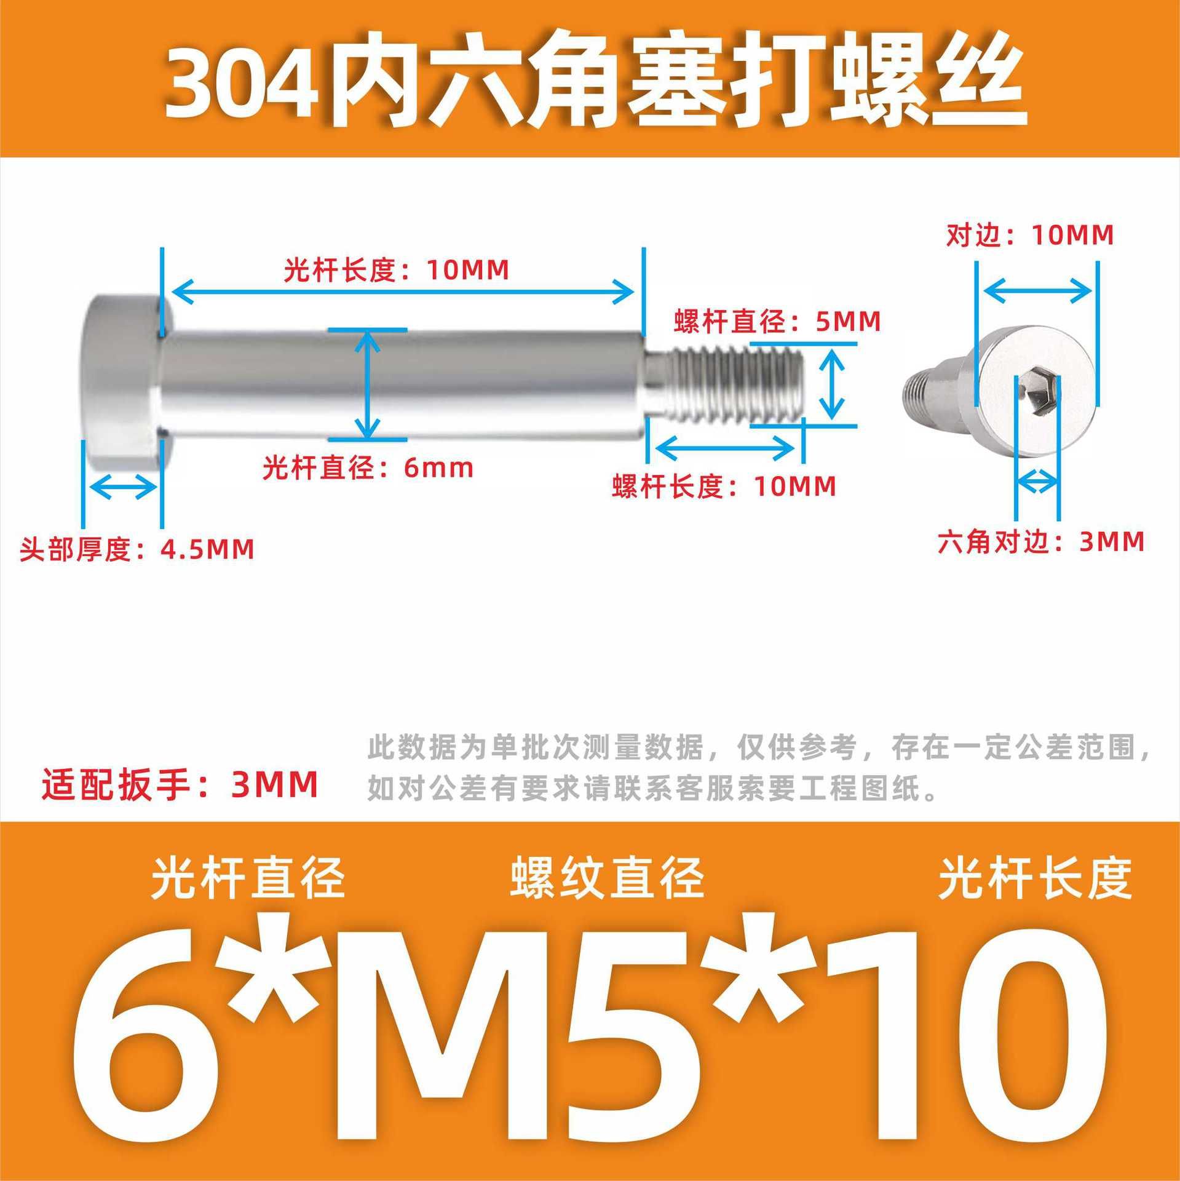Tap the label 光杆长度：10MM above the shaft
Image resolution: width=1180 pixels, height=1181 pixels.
(397, 270)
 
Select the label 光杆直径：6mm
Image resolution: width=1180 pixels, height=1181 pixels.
(368, 468)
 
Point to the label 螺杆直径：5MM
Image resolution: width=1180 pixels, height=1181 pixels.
(777, 321)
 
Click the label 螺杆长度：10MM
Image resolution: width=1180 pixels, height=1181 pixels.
(724, 487)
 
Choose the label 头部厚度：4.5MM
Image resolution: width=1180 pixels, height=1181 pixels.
(137, 549)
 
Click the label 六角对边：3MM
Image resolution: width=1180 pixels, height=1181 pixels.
(1041, 541)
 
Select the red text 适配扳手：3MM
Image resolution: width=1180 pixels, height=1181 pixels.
(180, 784)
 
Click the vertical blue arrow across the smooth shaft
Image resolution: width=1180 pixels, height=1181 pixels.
(368, 384)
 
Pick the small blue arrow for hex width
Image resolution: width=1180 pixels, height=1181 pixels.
(1037, 480)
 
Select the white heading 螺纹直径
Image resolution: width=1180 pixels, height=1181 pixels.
(607, 878)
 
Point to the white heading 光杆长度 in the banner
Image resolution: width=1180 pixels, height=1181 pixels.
(1035, 878)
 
